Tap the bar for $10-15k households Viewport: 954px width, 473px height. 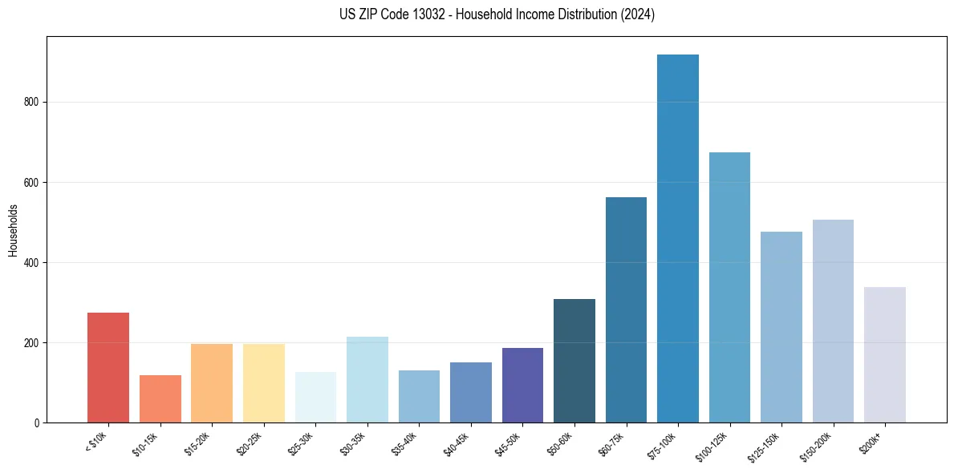[160, 398]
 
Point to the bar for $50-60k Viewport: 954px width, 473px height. [574, 361]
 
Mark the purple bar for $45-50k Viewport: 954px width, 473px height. [522, 385]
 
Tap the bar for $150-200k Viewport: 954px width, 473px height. [833, 321]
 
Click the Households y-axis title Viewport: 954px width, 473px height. [13, 230]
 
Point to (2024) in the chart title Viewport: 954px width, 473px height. [637, 14]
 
